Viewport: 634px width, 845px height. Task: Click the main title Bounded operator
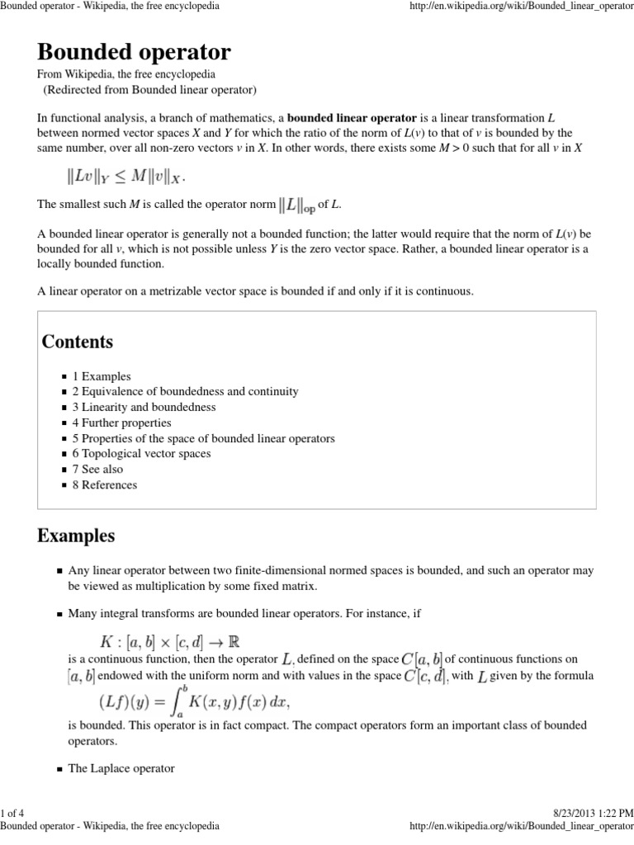(x=134, y=53)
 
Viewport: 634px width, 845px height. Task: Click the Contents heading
(x=78, y=341)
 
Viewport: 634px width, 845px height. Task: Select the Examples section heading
(x=76, y=536)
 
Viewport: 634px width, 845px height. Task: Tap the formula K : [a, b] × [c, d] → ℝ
(x=169, y=641)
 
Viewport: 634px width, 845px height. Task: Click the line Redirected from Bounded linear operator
(x=150, y=89)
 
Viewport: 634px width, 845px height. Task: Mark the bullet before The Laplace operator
(x=61, y=768)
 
